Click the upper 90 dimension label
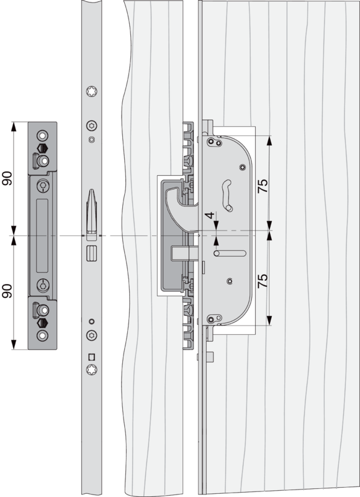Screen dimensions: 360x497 tap(7, 178)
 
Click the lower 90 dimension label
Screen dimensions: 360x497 tap(7, 291)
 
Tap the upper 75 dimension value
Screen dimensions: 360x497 tap(263, 186)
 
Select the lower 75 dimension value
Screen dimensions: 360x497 tap(263, 281)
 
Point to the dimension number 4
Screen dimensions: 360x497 tap(210, 216)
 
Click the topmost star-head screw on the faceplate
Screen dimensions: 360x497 tap(92, 91)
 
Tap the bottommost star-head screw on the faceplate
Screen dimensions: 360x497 tap(92, 369)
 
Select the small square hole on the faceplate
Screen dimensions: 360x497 tap(91, 357)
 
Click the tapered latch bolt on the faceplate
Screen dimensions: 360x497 tap(91, 211)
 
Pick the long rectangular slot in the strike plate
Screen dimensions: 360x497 tap(42, 235)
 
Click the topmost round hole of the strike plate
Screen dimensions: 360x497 tap(42, 135)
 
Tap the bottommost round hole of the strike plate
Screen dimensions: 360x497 tap(42, 335)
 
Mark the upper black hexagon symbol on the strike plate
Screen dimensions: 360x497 tap(42, 148)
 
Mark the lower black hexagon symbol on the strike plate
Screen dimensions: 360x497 tap(42, 323)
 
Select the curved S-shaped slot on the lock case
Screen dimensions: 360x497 tap(227, 195)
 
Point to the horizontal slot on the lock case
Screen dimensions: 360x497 tap(230, 253)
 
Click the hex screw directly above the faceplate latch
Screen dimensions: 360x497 tap(92, 126)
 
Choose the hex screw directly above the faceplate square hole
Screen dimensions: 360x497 tap(92, 335)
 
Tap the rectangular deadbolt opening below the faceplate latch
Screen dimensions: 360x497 tap(91, 253)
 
